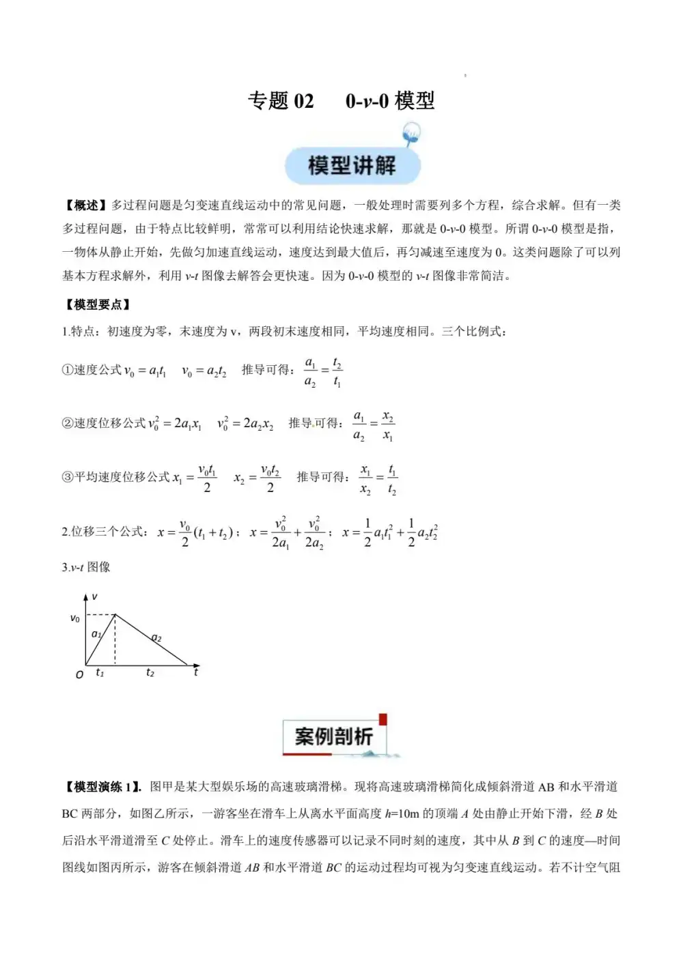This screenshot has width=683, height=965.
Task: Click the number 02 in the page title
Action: (303, 101)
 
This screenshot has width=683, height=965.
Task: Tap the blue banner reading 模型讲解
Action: (352, 165)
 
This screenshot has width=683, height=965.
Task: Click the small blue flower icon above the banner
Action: (411, 132)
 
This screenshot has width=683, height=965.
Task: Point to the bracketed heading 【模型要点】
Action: (96, 304)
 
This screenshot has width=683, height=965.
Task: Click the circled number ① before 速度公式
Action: (67, 370)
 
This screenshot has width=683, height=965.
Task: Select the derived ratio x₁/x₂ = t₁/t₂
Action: (378, 480)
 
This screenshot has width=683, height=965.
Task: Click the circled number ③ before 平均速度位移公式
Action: (67, 477)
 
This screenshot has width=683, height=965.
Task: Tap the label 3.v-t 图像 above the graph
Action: (86, 567)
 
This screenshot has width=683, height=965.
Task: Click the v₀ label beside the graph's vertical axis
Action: (74, 618)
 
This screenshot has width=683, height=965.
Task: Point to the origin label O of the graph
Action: (79, 674)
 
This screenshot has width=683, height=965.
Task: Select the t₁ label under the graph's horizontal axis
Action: (100, 673)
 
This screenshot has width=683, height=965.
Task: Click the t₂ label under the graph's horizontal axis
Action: (150, 673)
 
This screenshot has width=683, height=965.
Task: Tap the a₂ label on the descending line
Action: (156, 638)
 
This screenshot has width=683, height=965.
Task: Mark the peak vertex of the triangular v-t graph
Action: (114, 614)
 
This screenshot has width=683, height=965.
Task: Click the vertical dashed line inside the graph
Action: (114, 642)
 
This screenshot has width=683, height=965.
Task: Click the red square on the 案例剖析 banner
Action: (382, 719)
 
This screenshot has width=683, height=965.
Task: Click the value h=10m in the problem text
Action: (402, 813)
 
